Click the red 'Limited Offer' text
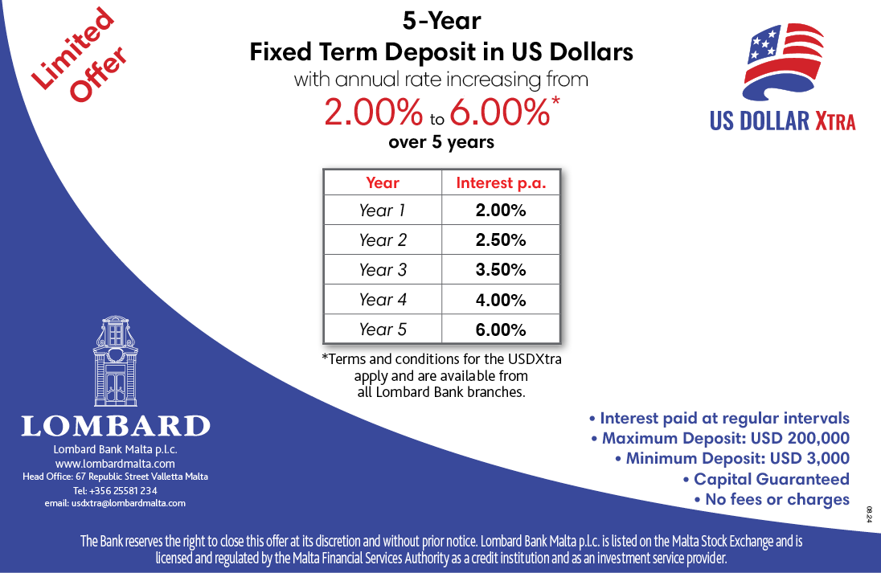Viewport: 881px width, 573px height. (x=79, y=55)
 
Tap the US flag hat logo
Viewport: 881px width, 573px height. (x=784, y=62)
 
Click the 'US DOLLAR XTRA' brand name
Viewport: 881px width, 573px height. (x=782, y=121)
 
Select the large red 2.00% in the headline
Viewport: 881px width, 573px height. (x=373, y=112)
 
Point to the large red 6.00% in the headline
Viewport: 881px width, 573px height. (x=499, y=112)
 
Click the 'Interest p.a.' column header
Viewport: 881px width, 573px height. (x=501, y=183)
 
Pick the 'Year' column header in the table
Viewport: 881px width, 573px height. (x=383, y=182)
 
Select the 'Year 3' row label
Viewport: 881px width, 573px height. (x=383, y=270)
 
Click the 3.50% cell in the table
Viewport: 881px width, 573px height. (x=501, y=270)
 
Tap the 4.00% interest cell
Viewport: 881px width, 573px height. (x=501, y=300)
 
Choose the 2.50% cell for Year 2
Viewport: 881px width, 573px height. (x=501, y=239)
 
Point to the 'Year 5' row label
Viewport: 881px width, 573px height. (x=383, y=329)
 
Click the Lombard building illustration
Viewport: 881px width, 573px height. (x=116, y=361)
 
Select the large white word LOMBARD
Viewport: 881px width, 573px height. (x=116, y=426)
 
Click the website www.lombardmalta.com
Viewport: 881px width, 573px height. (x=115, y=464)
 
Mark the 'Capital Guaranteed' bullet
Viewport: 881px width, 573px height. (x=766, y=479)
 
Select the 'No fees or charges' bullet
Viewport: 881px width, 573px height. (x=772, y=499)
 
